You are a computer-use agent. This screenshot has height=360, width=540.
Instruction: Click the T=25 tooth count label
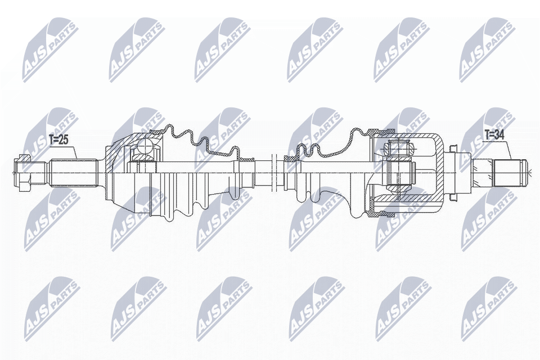click(x=58, y=139)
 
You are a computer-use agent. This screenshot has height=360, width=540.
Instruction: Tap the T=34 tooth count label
click(x=494, y=135)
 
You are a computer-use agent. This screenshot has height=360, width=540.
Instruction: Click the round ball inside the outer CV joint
click(x=143, y=149)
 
